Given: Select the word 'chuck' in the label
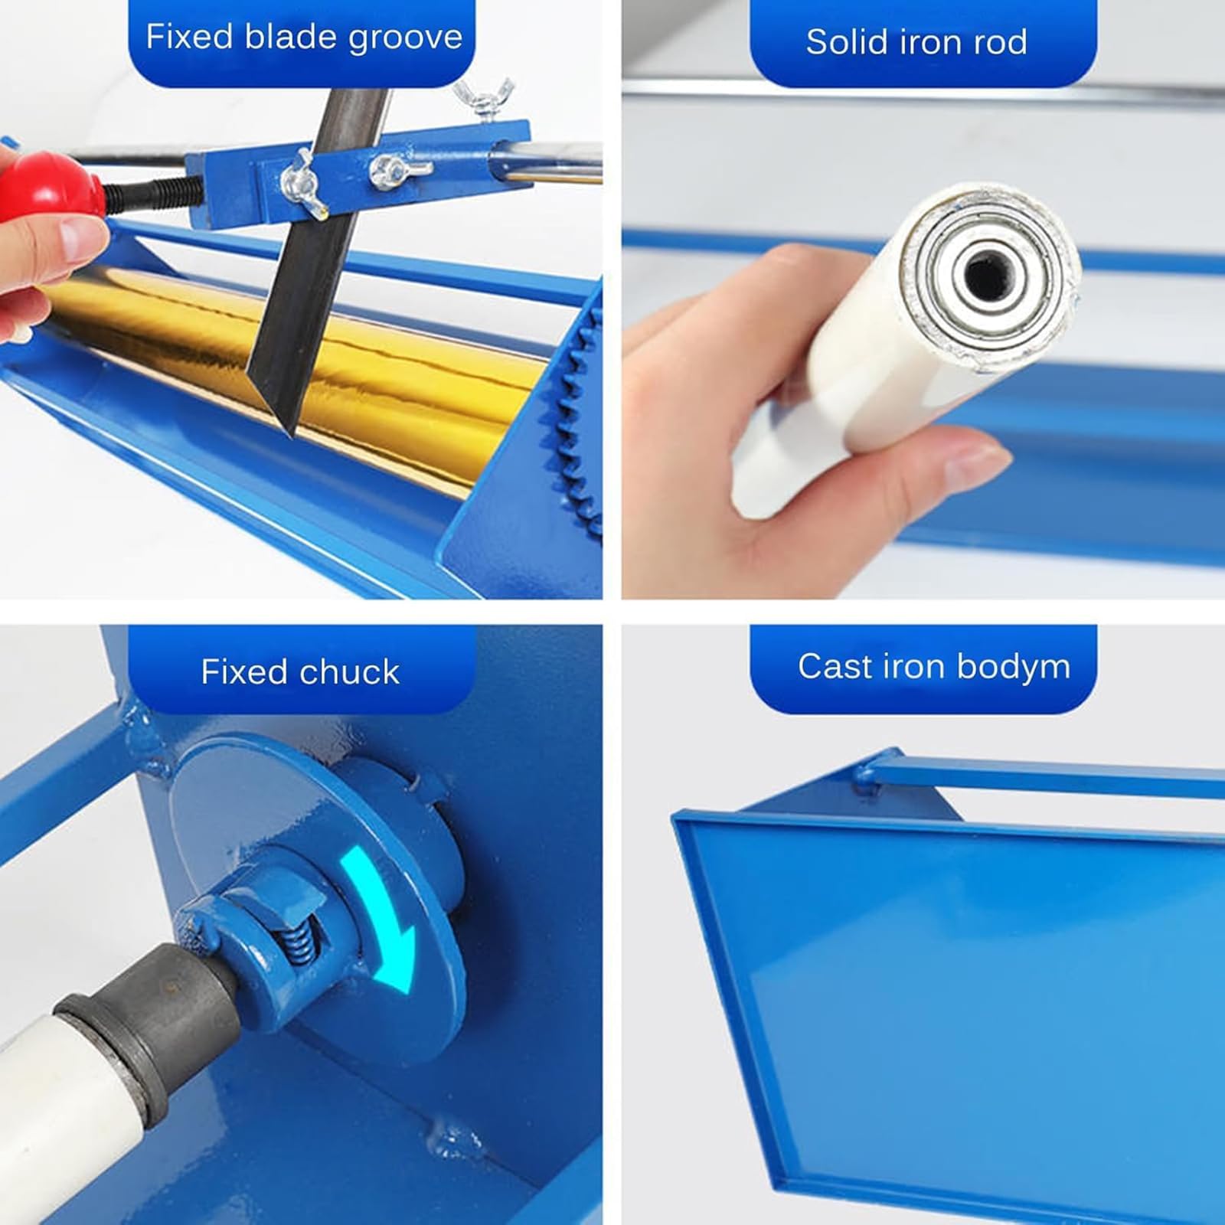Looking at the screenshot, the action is click(x=350, y=671).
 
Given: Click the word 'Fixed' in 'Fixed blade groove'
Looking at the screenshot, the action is click(x=188, y=36).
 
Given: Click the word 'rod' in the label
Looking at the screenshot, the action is click(x=1000, y=41).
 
